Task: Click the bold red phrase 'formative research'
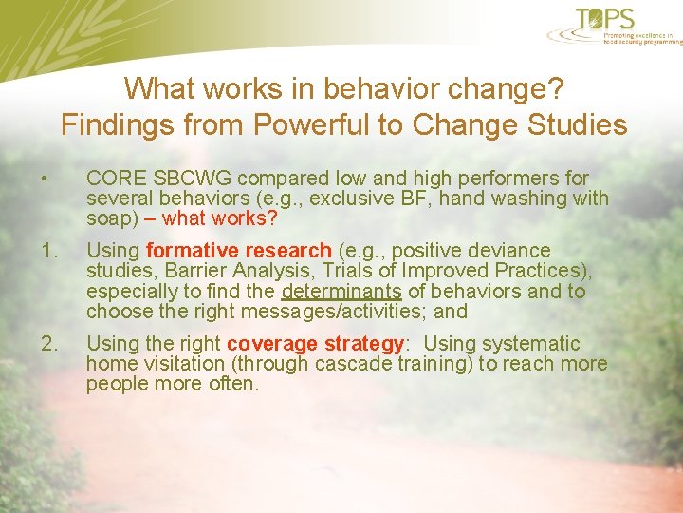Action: pyautogui.click(x=239, y=251)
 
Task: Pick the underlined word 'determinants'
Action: pyautogui.click(x=341, y=292)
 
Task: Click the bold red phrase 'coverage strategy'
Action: pyautogui.click(x=315, y=344)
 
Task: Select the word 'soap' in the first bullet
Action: pyautogui.click(x=106, y=218)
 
